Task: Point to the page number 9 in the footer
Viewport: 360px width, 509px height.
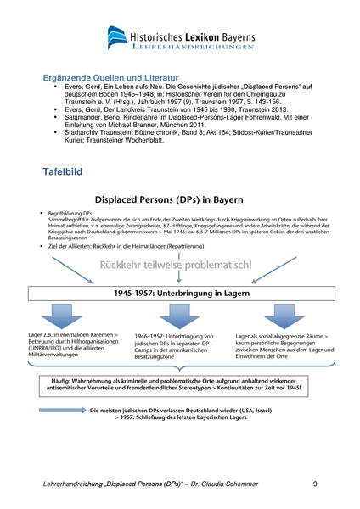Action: [x=315, y=484]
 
